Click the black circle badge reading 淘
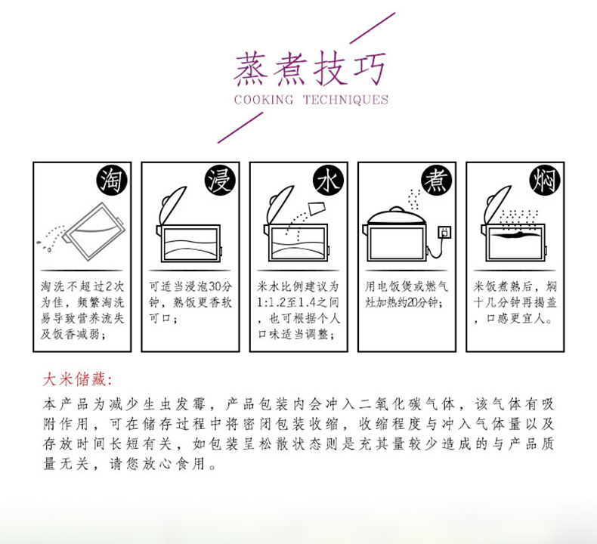(112, 180)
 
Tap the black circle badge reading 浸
(220, 180)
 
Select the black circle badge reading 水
(328, 180)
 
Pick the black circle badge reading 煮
(436, 180)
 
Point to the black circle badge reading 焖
(545, 180)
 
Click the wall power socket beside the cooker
(444, 231)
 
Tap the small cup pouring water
(317, 209)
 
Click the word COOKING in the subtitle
(264, 100)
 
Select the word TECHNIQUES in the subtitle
(345, 100)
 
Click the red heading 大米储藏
(76, 379)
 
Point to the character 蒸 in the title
(252, 70)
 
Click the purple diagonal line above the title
(372, 28)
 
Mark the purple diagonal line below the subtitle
(240, 127)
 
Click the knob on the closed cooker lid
(396, 209)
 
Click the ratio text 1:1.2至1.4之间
(298, 303)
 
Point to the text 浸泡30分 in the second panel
(209, 286)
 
